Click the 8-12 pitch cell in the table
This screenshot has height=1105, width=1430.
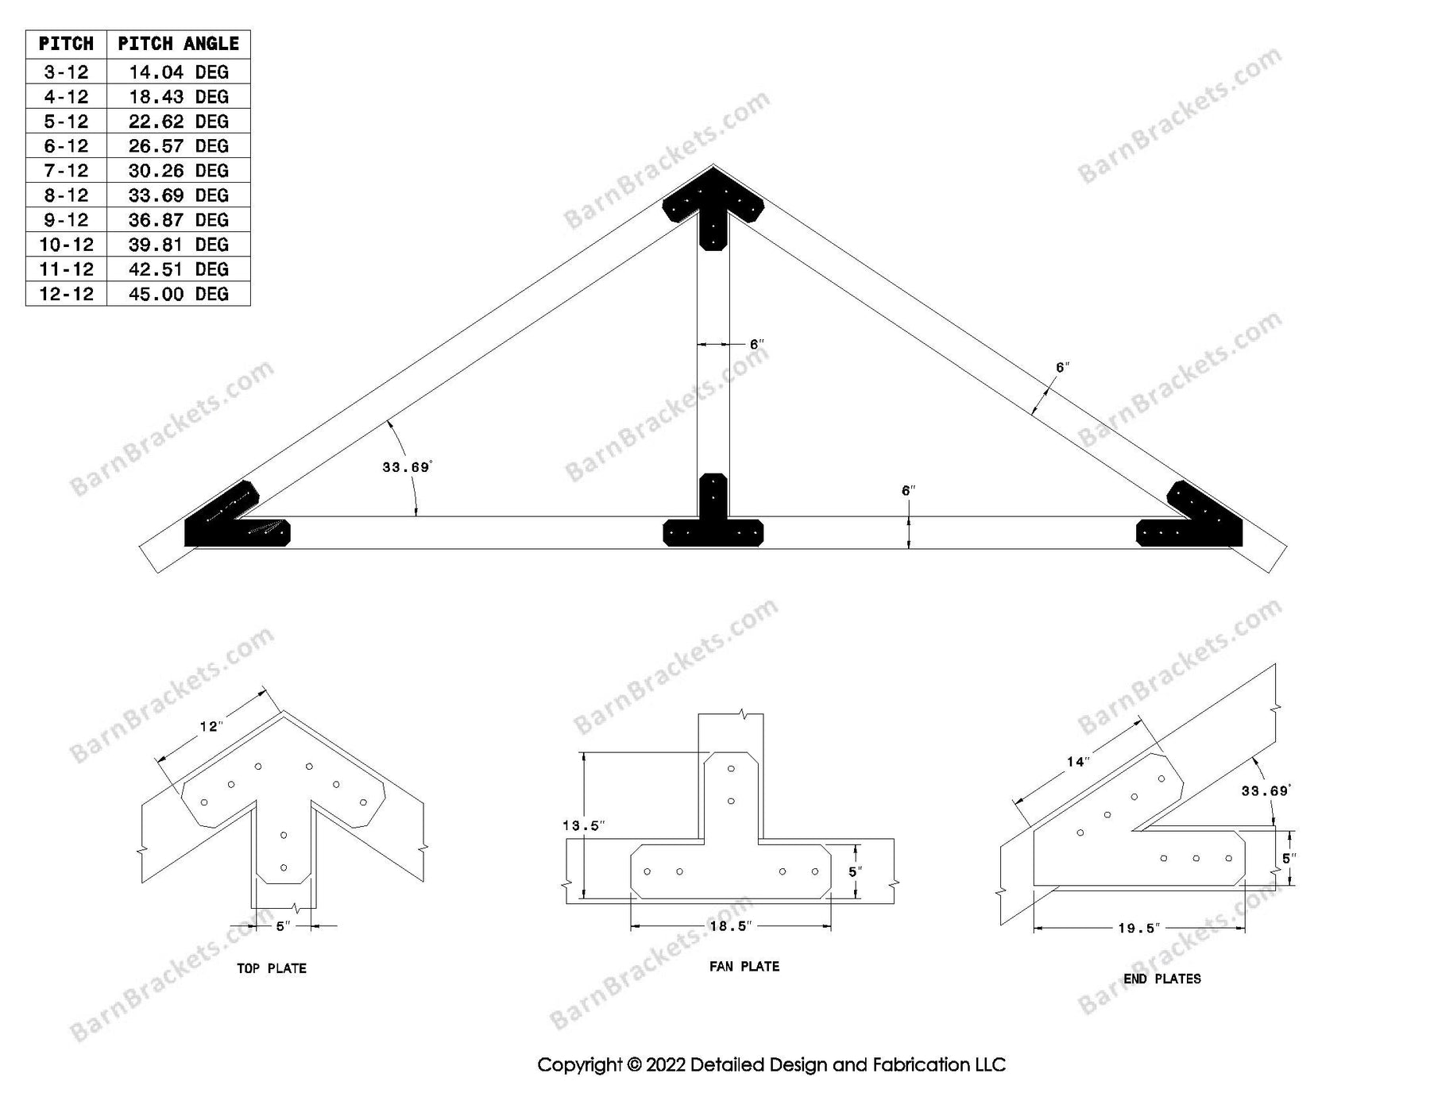pos(66,195)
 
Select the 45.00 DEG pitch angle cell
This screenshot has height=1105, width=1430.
pos(178,294)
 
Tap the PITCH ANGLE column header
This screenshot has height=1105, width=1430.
pos(178,44)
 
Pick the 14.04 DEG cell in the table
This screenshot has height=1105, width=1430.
pos(178,72)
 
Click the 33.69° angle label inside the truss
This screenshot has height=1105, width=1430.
pos(406,467)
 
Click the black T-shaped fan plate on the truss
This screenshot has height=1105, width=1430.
pos(713,524)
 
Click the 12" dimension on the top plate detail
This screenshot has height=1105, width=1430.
pos(211,726)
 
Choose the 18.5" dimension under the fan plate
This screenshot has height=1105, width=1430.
pos(730,926)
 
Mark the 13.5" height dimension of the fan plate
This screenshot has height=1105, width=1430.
pos(583,825)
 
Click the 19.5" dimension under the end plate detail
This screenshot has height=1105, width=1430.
pos(1138,928)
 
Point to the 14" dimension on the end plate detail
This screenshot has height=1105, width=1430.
pos(1076,762)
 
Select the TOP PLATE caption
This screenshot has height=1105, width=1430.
pos(272,968)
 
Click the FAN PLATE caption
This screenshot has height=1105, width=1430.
pos(744,967)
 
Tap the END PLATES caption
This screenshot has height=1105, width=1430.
pos(1161,979)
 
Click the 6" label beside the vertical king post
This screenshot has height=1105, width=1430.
pos(756,344)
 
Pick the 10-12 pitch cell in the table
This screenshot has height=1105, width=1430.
pos(66,245)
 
